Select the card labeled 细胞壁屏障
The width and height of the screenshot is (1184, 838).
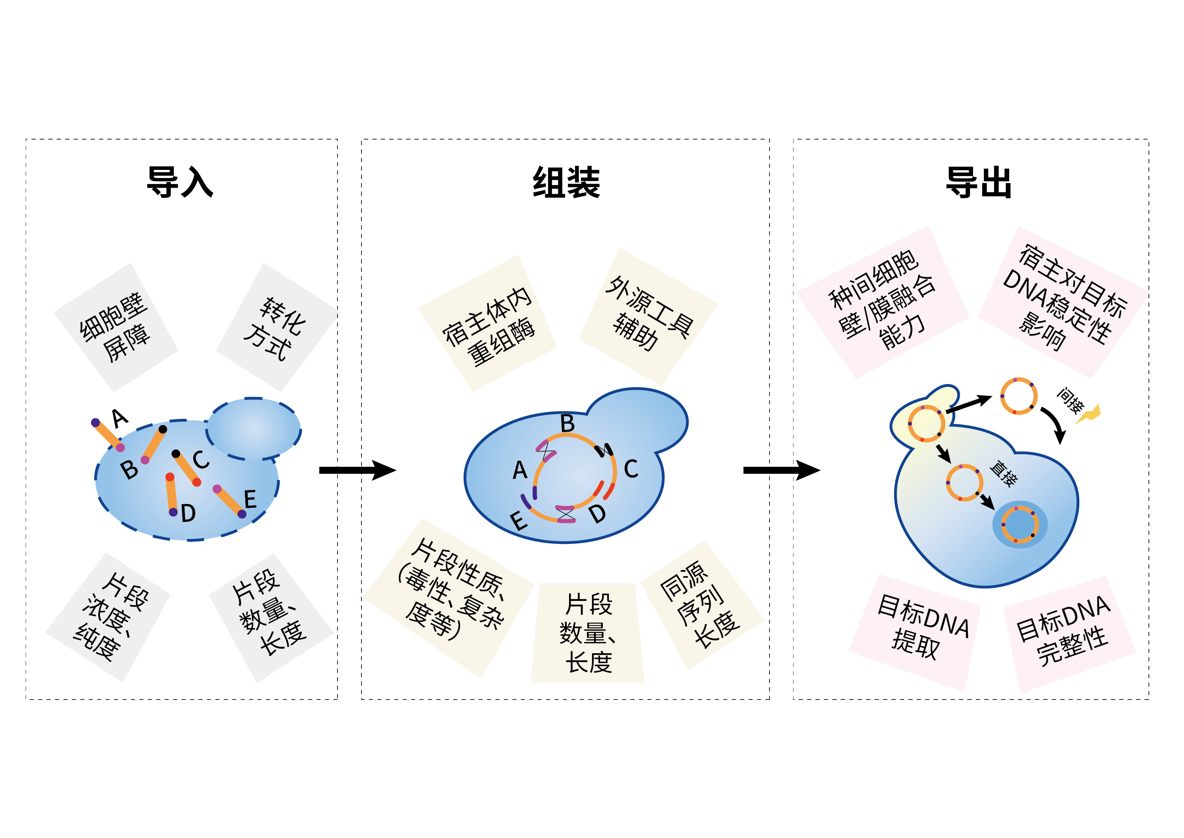pyautogui.click(x=116, y=327)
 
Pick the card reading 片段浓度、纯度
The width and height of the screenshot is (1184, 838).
pyautogui.click(x=108, y=617)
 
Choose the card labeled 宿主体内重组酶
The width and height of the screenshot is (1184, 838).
pyautogui.click(x=487, y=323)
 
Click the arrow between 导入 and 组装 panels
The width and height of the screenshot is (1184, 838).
pyautogui.click(x=357, y=470)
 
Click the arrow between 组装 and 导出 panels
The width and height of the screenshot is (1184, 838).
pyautogui.click(x=781, y=470)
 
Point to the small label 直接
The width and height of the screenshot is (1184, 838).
pyautogui.click(x=1003, y=474)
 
